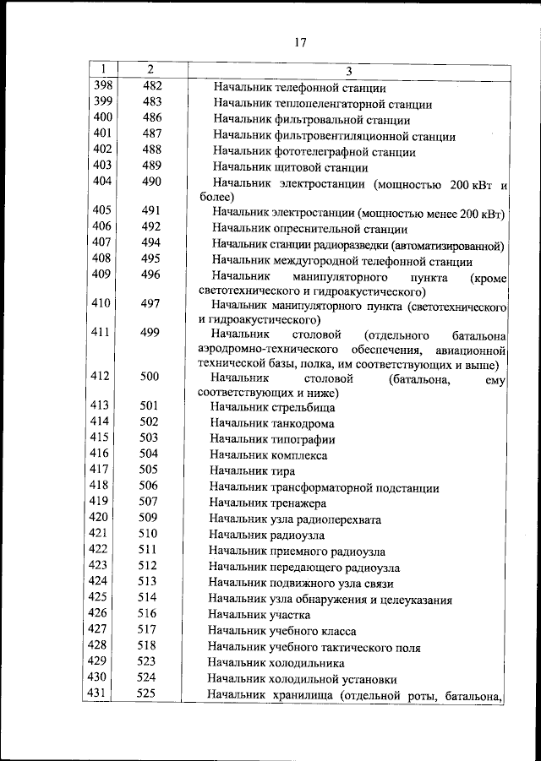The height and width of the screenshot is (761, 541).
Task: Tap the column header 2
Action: coord(150,69)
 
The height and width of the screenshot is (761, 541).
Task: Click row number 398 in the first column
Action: coord(102,86)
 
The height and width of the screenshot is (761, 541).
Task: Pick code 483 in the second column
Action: coord(151,102)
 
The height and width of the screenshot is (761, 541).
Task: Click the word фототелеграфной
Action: coord(325,152)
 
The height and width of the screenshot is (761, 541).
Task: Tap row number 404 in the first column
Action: coord(102,182)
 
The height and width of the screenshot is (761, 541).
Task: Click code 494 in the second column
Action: coord(151,243)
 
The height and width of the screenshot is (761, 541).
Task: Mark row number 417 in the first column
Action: coord(101,470)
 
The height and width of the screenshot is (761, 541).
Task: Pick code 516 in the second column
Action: coord(150,612)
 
